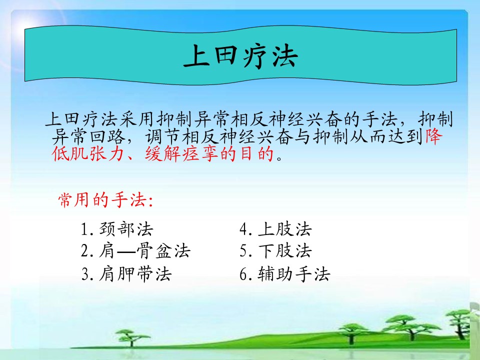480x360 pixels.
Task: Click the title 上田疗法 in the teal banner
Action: pyautogui.click(x=240, y=55)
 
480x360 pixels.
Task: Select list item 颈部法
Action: pyautogui.click(x=126, y=229)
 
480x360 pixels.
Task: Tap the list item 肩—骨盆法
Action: pyautogui.click(x=144, y=251)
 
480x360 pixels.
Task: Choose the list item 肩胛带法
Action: pyautogui.click(x=135, y=273)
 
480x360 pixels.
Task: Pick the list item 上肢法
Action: pyautogui.click(x=284, y=229)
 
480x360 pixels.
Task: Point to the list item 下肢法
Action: pyautogui.click(x=284, y=251)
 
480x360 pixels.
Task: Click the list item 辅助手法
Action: pyautogui.click(x=294, y=273)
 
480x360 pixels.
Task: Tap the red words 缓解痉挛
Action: pyautogui.click(x=181, y=153)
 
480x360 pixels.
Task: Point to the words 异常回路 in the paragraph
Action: pyautogui.click(x=88, y=136)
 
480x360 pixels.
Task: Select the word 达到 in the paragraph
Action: pyautogui.click(x=406, y=136)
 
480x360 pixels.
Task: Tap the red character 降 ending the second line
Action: pyautogui.click(x=434, y=136)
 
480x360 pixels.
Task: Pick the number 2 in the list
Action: pyautogui.click(x=85, y=251)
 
